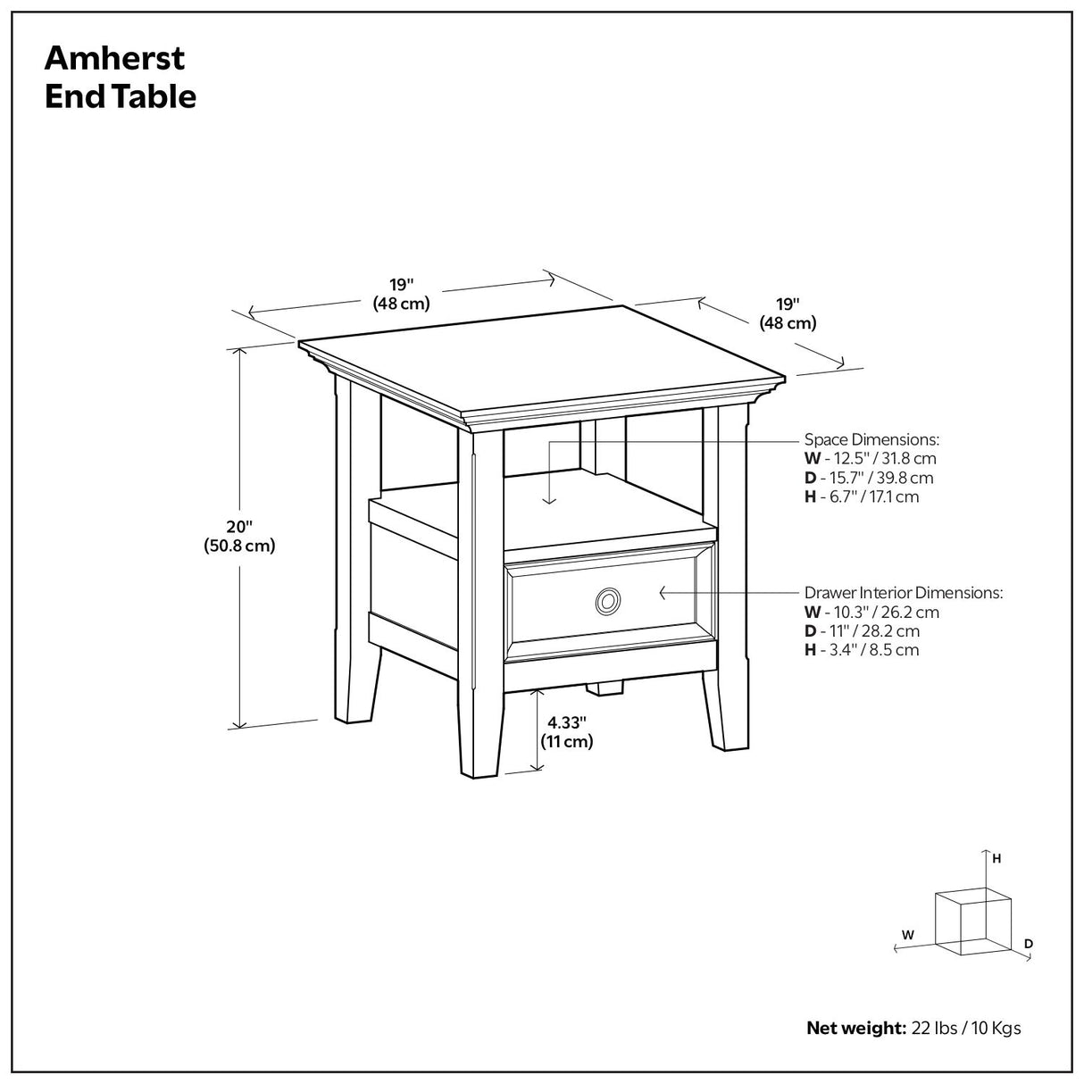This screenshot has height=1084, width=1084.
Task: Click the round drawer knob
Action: click(x=607, y=602)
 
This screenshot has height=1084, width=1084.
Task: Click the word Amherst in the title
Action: click(x=114, y=58)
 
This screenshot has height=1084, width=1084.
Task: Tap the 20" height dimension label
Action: click(x=239, y=536)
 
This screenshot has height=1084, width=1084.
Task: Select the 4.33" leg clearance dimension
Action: click(x=566, y=732)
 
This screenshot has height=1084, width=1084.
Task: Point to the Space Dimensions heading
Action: click(x=871, y=439)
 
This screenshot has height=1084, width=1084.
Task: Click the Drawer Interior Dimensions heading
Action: click(x=904, y=592)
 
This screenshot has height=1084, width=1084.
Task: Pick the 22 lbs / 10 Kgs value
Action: click(x=966, y=1028)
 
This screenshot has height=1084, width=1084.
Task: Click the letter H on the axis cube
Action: click(x=996, y=858)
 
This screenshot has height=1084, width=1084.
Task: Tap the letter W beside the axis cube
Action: click(x=907, y=935)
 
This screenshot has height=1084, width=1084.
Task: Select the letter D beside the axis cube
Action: click(x=1029, y=943)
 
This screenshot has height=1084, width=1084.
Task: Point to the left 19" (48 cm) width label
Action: click(x=401, y=294)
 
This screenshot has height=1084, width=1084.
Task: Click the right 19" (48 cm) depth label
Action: click(x=788, y=313)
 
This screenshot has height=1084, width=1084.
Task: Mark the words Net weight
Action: click(x=856, y=1028)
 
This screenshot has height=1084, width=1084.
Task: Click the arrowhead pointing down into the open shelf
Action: click(x=551, y=500)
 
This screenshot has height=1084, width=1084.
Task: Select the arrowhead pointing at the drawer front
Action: click(x=663, y=592)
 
